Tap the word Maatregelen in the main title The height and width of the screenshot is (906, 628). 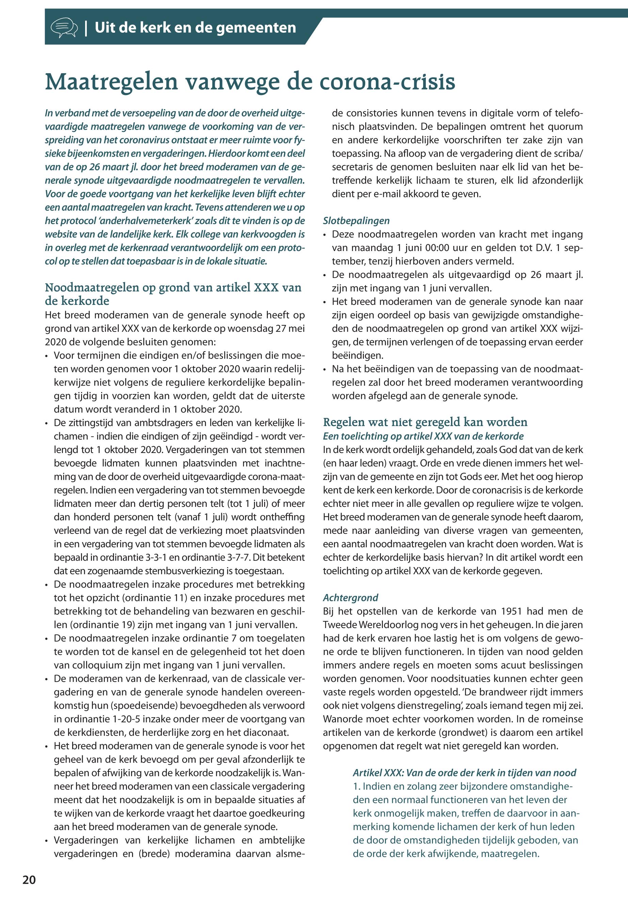tap(112, 81)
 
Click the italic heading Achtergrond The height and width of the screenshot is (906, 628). tap(350, 598)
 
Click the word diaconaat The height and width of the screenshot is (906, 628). tap(265, 733)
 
